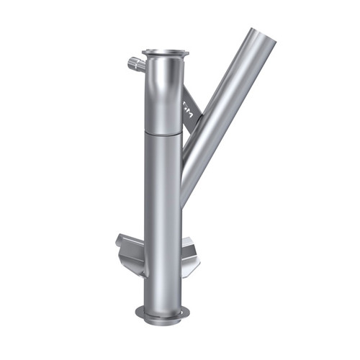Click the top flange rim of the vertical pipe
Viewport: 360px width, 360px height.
pos(166,53)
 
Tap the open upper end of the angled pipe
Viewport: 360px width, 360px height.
pos(262,35)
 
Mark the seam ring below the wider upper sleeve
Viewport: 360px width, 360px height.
pos(164,133)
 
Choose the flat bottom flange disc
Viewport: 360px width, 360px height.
pos(163,312)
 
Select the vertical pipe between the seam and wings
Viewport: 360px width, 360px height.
pos(163,187)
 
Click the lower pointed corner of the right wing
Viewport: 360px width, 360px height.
pos(192,276)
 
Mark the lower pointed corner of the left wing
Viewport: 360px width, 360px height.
pos(135,274)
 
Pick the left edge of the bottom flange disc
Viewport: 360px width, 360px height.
pos(138,311)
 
